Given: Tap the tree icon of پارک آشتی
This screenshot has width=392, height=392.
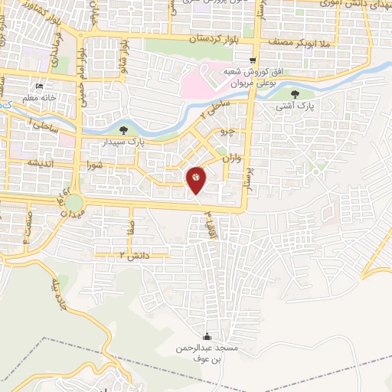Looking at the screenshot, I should [x=296, y=94].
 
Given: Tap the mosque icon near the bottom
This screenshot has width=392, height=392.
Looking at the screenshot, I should [x=206, y=336].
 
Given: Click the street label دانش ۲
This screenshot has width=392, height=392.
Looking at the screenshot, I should [x=132, y=253].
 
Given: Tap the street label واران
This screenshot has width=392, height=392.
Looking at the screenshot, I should [x=232, y=159].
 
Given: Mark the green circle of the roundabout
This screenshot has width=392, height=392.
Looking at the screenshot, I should [x=74, y=203].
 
